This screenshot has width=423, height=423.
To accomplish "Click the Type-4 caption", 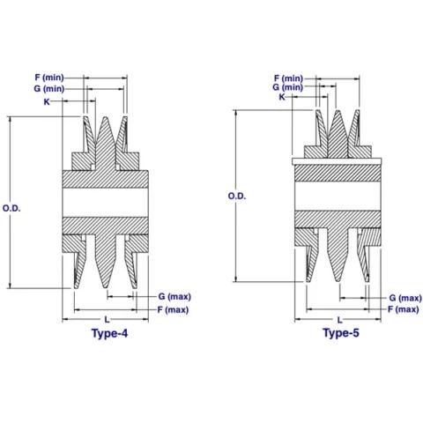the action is click(109, 333).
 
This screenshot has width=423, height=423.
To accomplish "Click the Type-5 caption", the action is click(341, 333).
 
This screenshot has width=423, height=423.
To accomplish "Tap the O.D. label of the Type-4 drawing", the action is click(11, 208).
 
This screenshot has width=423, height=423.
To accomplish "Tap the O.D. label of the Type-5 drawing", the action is click(237, 196).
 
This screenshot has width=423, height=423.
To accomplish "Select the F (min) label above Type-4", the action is click(49, 78).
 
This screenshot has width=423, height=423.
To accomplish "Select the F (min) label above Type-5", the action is click(288, 78).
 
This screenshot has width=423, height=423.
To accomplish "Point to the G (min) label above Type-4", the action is click(49, 88).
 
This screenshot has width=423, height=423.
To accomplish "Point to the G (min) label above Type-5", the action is click(287, 87).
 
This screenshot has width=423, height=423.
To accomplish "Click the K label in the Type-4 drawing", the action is click(47, 101).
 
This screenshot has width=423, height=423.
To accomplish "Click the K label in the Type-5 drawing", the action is click(282, 97).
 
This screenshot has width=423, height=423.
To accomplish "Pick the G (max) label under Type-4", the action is click(174, 296).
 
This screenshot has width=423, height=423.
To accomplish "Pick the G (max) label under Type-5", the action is click(405, 298).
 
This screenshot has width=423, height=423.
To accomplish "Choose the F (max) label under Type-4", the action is click(173, 309).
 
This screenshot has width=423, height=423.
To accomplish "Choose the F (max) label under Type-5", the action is click(404, 309).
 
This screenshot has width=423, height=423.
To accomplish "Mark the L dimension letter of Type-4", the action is click(107, 320).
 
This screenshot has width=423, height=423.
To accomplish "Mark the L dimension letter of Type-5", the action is click(339, 320).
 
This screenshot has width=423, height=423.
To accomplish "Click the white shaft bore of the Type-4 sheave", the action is click(105, 203).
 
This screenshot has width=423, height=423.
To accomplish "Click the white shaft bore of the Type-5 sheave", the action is click(338, 196).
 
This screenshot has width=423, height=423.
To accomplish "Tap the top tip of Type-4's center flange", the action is click(105, 117).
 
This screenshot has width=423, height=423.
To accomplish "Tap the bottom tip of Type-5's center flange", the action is click(338, 280).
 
